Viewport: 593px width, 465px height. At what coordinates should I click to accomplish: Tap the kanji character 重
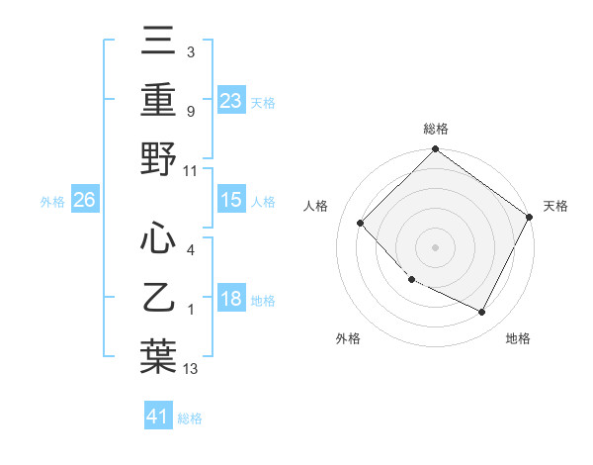tap(159, 100)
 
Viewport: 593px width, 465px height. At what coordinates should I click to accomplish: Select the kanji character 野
tap(159, 158)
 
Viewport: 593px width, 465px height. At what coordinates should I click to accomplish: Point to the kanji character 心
tap(159, 237)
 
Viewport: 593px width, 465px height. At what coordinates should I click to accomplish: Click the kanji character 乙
tap(159, 297)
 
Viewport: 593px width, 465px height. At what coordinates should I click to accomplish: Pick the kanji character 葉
tap(159, 356)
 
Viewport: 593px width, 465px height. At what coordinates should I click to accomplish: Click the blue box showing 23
tap(230, 100)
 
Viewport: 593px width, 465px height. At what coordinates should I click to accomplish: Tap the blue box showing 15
tap(230, 200)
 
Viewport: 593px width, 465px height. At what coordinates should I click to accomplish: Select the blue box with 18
tap(230, 300)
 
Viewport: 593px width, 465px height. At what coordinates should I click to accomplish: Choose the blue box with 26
tap(84, 200)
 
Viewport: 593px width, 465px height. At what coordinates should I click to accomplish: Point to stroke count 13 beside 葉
tap(191, 369)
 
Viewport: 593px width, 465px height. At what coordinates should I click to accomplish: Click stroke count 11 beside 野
tap(191, 170)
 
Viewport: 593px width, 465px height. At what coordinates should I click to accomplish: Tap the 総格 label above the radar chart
tap(435, 129)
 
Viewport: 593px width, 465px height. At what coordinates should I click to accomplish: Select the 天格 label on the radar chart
tap(555, 206)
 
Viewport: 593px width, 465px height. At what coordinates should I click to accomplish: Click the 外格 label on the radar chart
tap(348, 338)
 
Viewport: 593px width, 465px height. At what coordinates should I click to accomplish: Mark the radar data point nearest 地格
tap(482, 313)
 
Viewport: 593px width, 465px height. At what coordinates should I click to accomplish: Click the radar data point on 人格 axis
tap(361, 223)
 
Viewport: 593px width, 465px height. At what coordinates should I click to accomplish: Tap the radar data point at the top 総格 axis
tap(435, 150)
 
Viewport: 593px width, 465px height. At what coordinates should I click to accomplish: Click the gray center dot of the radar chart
tap(435, 246)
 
